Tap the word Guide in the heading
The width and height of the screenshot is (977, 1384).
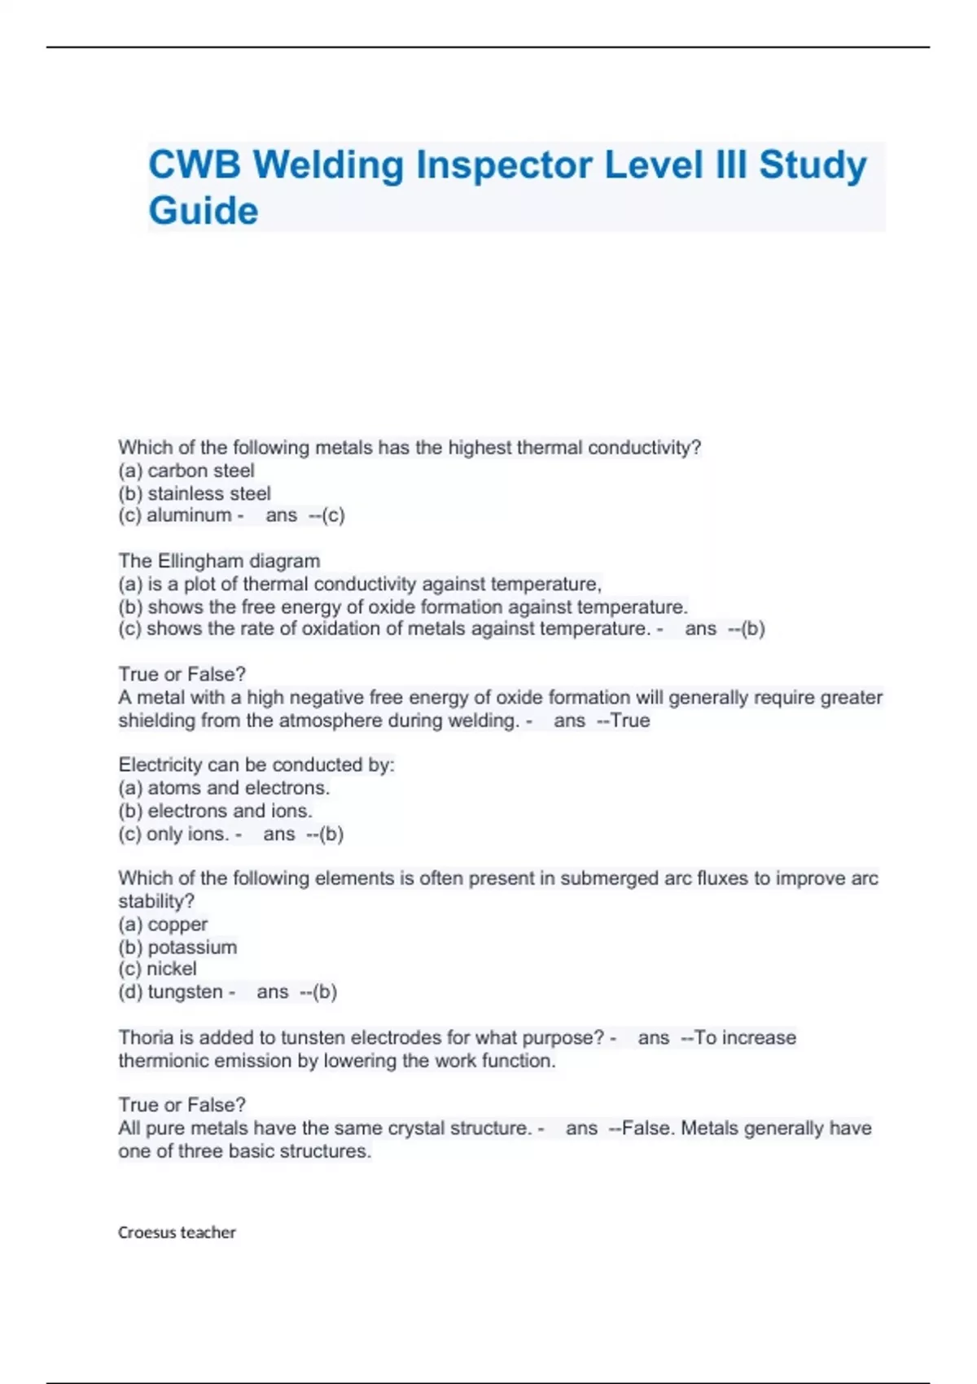point(204,211)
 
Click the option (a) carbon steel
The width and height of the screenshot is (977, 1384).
point(186,471)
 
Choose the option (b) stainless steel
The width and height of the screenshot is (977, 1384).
point(195,493)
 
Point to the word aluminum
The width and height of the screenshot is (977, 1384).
point(189,515)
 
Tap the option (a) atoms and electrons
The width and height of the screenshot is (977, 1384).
point(224,788)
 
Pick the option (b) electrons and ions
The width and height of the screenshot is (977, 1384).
point(216,811)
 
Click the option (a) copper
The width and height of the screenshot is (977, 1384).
point(163,925)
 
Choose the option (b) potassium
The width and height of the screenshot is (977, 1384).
point(177,948)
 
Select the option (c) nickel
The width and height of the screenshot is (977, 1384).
point(158,969)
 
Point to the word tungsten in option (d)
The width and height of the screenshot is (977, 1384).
point(185,992)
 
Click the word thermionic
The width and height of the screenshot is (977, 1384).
point(168,1061)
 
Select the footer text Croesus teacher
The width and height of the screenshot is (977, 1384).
point(177,1233)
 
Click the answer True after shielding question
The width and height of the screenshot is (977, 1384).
point(630,721)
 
